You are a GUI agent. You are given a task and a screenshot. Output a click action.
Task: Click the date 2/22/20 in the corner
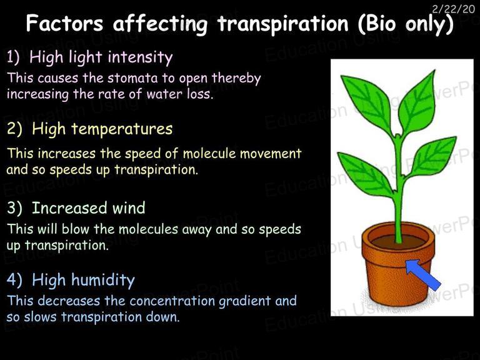tap(454, 9)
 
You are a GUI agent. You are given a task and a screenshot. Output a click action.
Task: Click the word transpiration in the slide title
tap(283, 24)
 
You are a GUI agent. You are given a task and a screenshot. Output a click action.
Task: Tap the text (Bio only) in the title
tap(406, 24)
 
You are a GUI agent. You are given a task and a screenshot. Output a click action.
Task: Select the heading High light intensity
tap(101, 57)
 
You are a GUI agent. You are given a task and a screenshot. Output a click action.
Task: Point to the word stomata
tap(132, 78)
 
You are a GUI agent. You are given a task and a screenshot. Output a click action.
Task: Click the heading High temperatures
tap(102, 129)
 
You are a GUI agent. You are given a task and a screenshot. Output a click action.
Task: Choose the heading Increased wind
tap(89, 208)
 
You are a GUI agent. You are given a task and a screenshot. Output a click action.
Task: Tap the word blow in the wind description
tap(75, 229)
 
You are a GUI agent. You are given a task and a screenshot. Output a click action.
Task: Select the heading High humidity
tap(83, 280)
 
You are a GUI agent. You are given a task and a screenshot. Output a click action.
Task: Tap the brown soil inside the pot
tap(398, 242)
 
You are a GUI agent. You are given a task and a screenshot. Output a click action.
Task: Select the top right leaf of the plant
tap(417, 103)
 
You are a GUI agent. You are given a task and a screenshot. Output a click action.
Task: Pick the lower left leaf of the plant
tap(366, 175)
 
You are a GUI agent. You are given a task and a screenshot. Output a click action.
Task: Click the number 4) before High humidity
tap(14, 280)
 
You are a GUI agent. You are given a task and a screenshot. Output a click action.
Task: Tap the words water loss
tap(179, 94)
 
